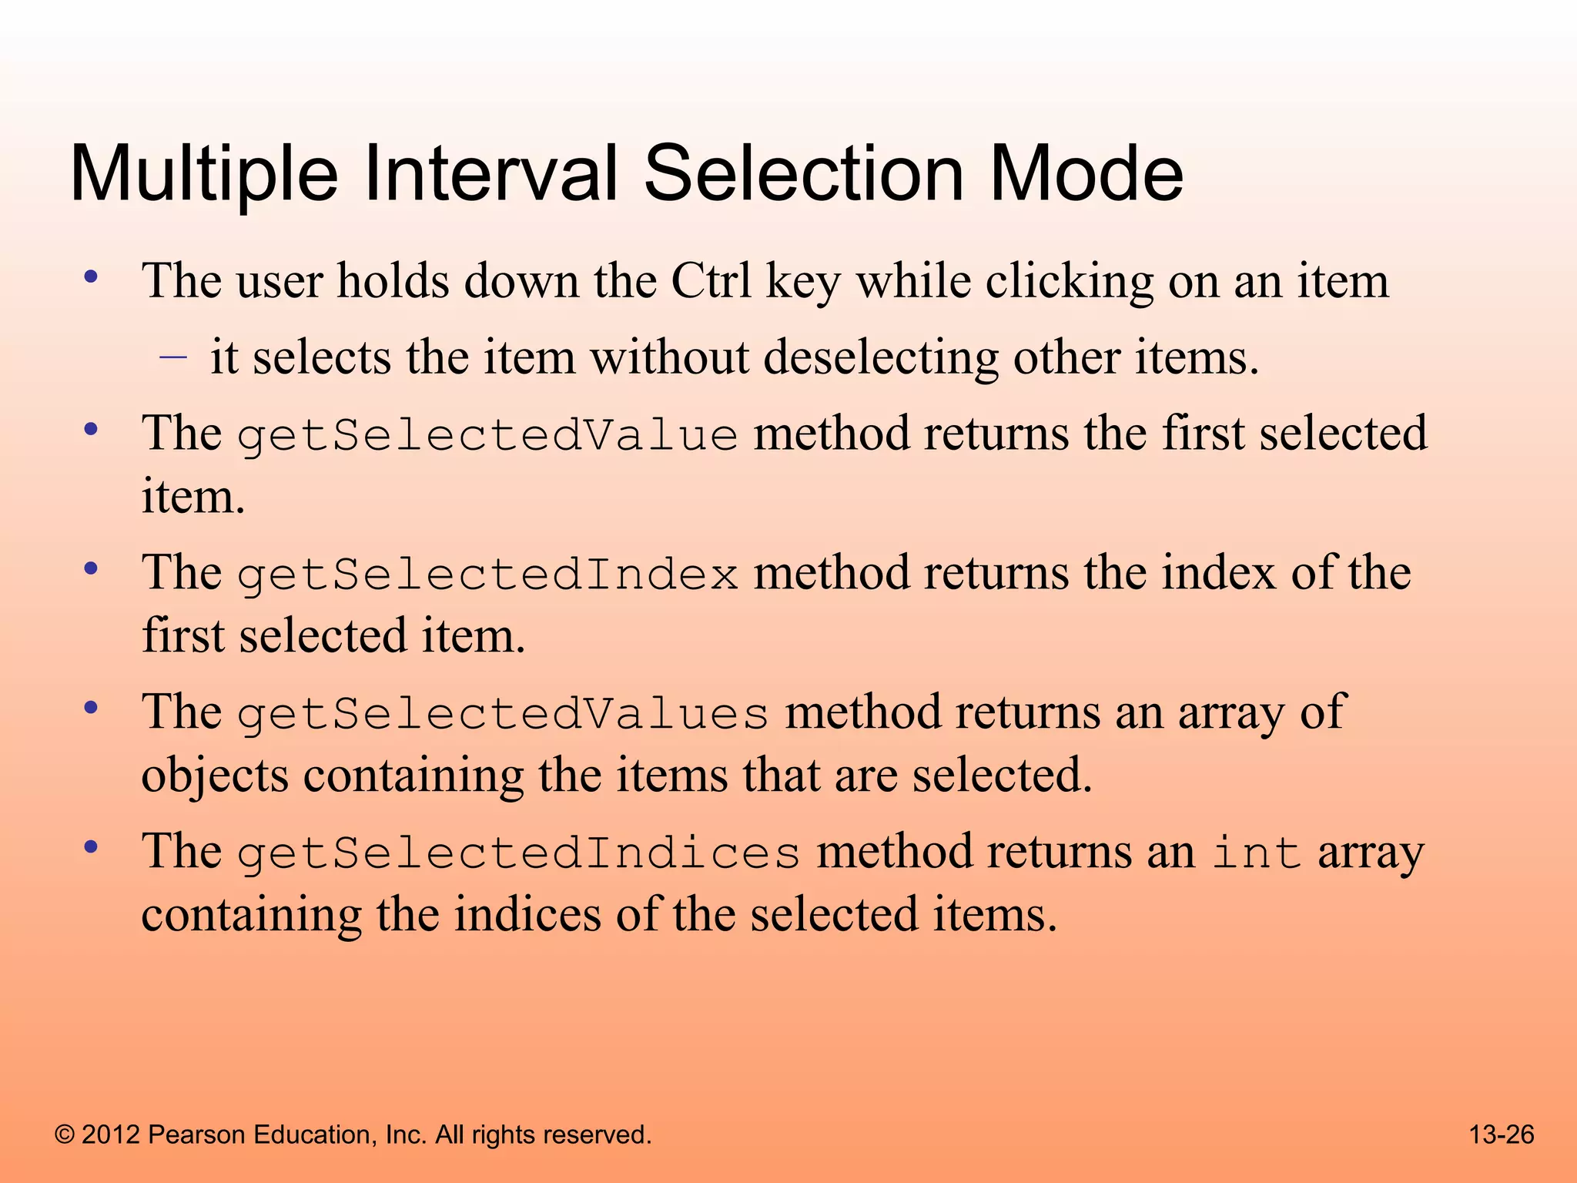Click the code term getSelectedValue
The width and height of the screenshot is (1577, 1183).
[487, 435]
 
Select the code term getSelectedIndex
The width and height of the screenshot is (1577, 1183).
[487, 575]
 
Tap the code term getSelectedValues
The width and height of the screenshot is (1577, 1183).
[503, 714]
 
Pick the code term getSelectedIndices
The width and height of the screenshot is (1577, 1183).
[518, 853]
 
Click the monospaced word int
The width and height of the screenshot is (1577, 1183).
[1257, 853]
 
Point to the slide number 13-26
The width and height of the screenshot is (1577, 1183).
[1502, 1134]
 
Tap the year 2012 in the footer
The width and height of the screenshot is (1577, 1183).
[111, 1134]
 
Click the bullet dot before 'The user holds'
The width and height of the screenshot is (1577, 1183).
[91, 278]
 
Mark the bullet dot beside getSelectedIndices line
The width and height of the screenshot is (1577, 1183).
[91, 849]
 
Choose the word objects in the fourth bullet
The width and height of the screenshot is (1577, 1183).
[215, 776]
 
